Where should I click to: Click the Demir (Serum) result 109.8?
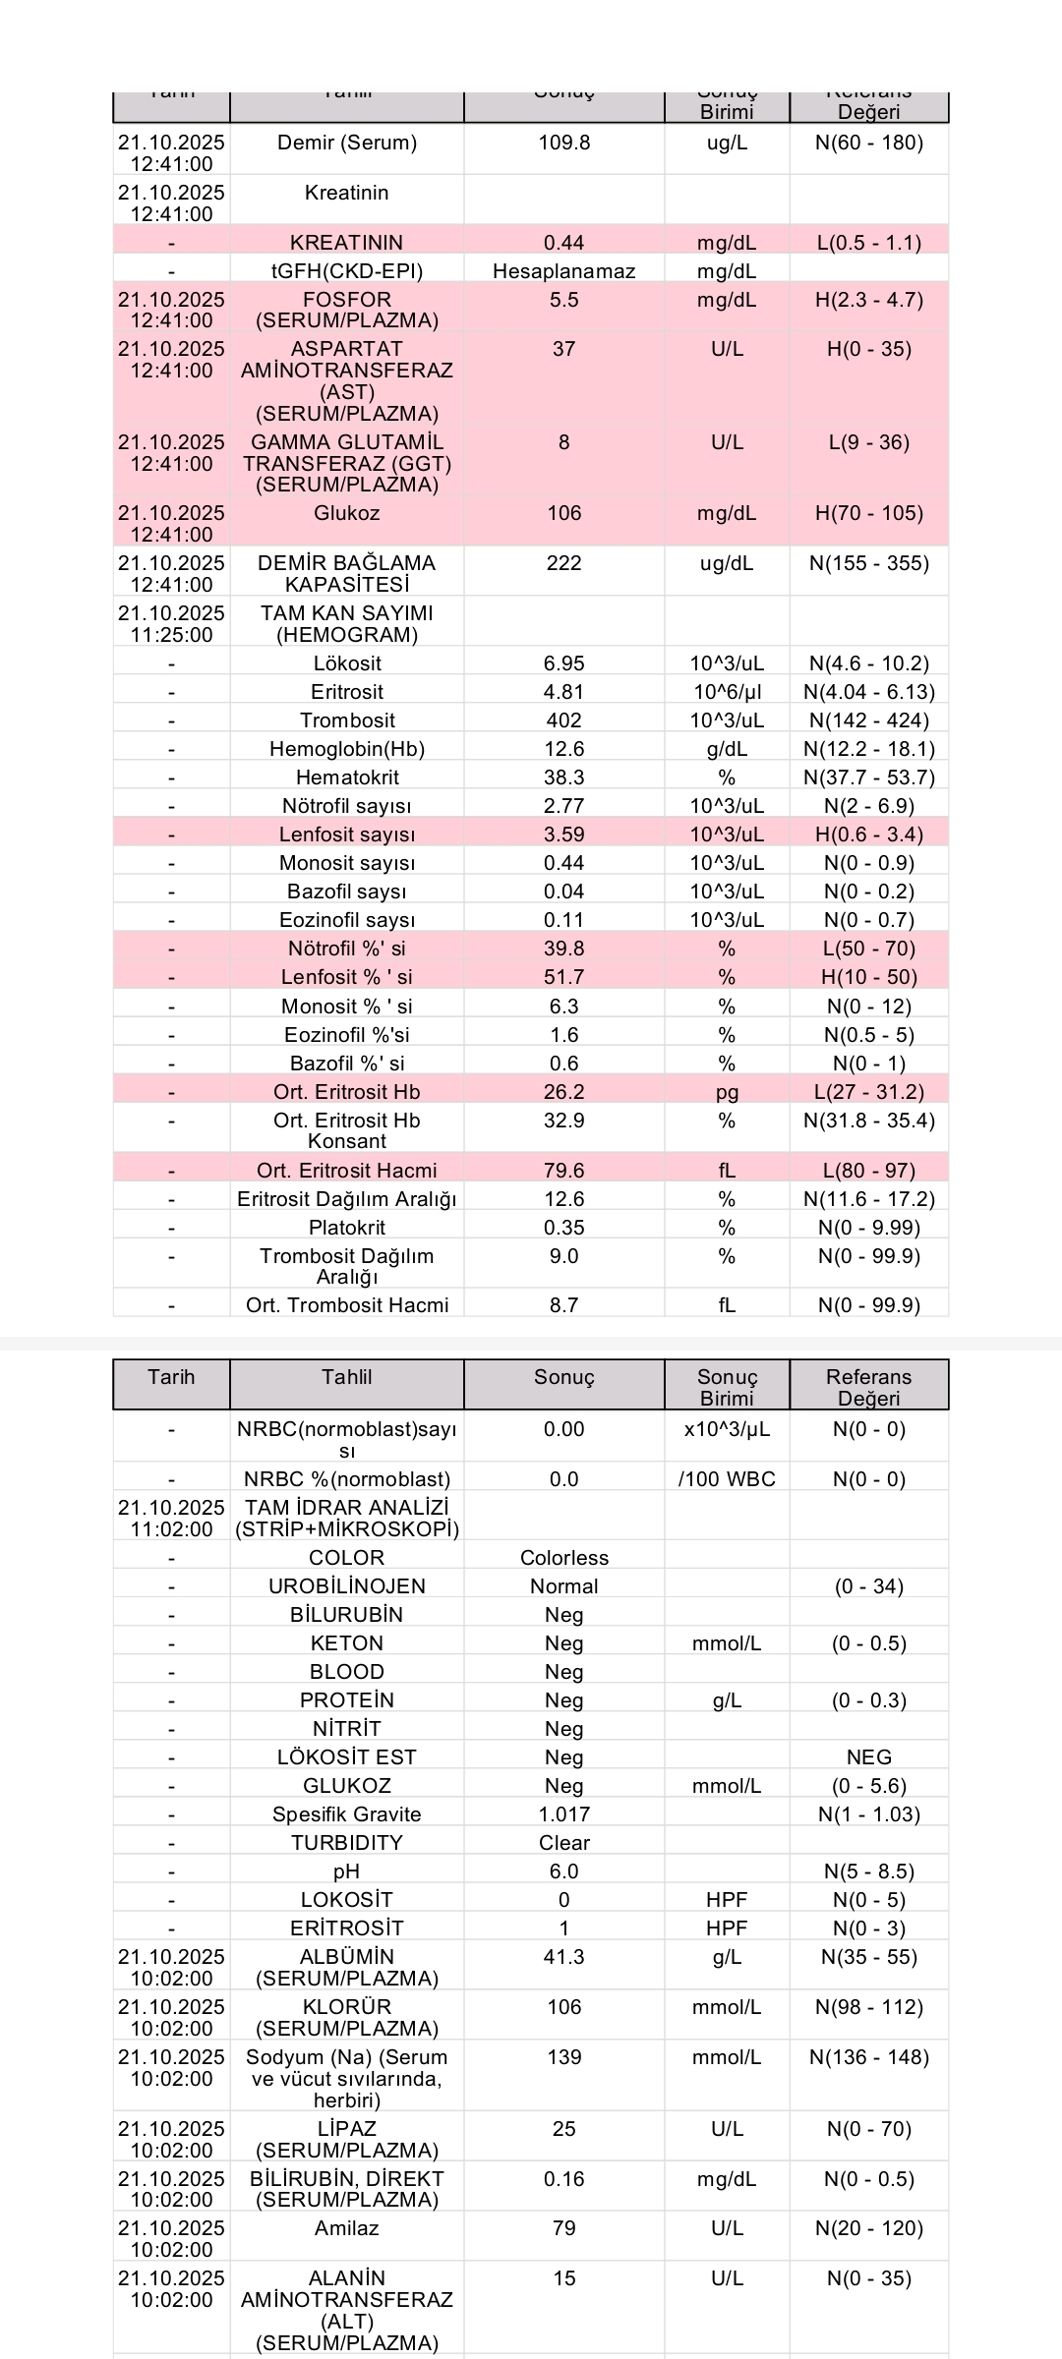(x=563, y=143)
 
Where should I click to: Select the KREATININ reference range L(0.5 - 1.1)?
(x=869, y=243)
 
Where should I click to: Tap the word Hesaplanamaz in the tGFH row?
(x=563, y=271)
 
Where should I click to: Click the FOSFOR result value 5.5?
(x=563, y=300)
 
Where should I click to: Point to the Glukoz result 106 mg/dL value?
(x=563, y=513)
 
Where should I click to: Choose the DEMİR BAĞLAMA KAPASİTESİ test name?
(x=346, y=573)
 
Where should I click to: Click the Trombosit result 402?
(x=563, y=720)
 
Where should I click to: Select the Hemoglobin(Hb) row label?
(x=346, y=749)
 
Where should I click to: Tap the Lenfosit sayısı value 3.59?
(x=563, y=834)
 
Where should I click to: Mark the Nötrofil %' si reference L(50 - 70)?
(x=869, y=949)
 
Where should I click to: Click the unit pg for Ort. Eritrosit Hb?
(x=727, y=1092)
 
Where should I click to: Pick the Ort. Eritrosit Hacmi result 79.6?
(x=563, y=1171)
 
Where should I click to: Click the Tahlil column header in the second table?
(x=346, y=1377)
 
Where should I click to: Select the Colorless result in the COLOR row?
(x=563, y=1558)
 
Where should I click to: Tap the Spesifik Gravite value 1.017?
(x=563, y=1814)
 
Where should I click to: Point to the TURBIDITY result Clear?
(x=563, y=1843)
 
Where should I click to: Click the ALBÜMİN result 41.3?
(x=563, y=1957)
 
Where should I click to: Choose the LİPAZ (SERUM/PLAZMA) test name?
(x=346, y=2139)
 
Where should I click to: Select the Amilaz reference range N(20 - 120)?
(x=869, y=2228)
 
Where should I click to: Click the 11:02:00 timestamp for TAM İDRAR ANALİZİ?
(x=171, y=1529)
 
